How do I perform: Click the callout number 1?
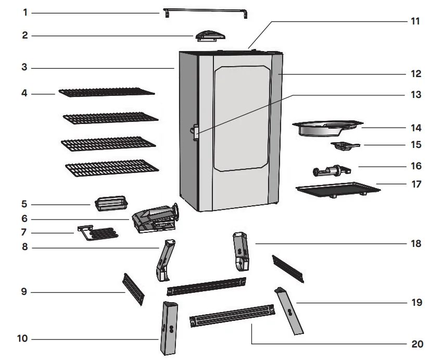[x=25, y=12]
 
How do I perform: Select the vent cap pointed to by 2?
[x=210, y=34]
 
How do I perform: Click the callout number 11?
[x=414, y=21]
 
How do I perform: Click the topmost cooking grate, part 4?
[x=106, y=92]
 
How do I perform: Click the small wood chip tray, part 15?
[x=344, y=146]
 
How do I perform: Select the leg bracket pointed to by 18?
[x=240, y=251]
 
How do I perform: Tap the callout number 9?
[x=24, y=292]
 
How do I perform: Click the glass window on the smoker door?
[x=243, y=120]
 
